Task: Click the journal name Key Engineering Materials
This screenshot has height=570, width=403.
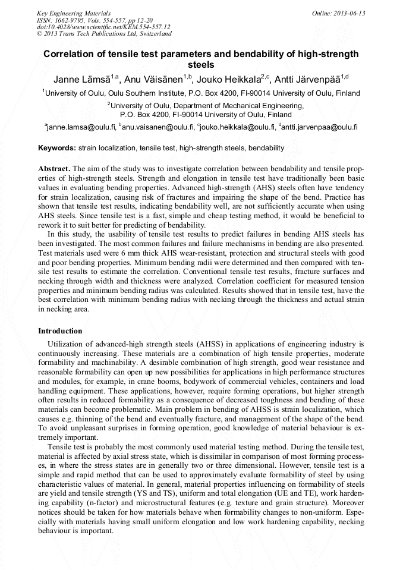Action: tap(74, 12)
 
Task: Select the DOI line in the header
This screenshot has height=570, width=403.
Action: tap(103, 27)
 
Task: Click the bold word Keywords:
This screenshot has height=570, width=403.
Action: tap(57, 148)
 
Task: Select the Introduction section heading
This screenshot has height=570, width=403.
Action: tap(60, 330)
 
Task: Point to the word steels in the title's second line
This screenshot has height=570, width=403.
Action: tap(201, 65)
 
